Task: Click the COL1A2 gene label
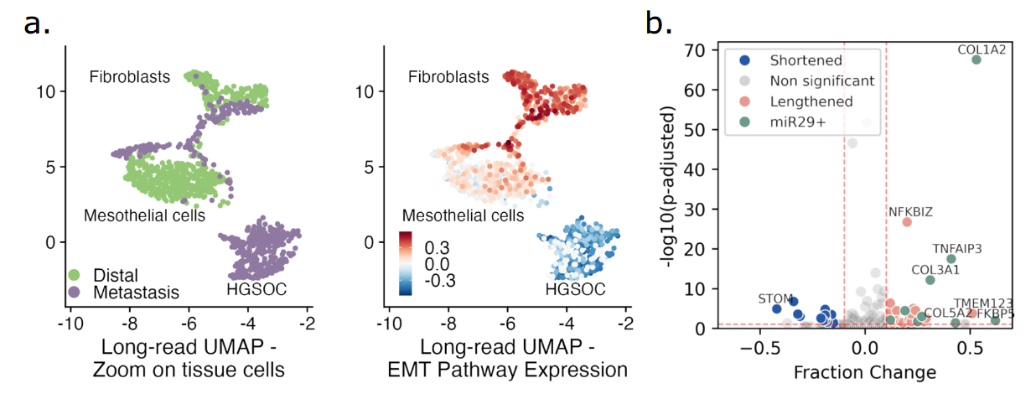[x=982, y=49]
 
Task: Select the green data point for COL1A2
[x=976, y=60]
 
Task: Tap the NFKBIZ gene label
[x=910, y=211]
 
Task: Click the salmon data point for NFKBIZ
[x=907, y=222]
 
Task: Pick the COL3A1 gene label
[x=936, y=270]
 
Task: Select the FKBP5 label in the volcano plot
[x=994, y=313]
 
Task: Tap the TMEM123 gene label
[x=982, y=303]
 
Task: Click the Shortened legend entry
[x=806, y=60]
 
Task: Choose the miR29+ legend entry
[x=800, y=121]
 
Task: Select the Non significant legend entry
[x=822, y=80]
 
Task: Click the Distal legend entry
[x=115, y=274]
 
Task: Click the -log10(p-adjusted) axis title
[x=667, y=187]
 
